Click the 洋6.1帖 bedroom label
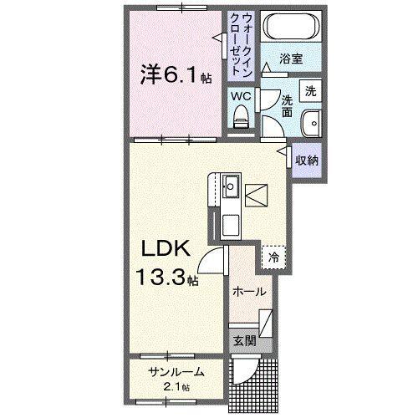point(176,76)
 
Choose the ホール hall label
point(249,292)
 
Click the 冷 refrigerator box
point(273,257)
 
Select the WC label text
point(241,95)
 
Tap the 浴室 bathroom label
point(291,60)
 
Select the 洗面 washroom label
point(286,103)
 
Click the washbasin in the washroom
point(310,121)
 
